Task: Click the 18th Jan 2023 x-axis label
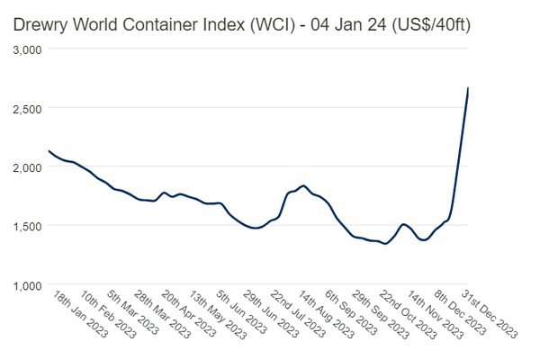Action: tap(79, 314)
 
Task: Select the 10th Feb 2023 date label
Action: tap(107, 314)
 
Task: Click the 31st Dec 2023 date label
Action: tap(488, 314)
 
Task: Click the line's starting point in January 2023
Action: tap(49, 151)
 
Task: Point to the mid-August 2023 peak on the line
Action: tap(303, 186)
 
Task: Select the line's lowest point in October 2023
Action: tap(385, 244)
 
